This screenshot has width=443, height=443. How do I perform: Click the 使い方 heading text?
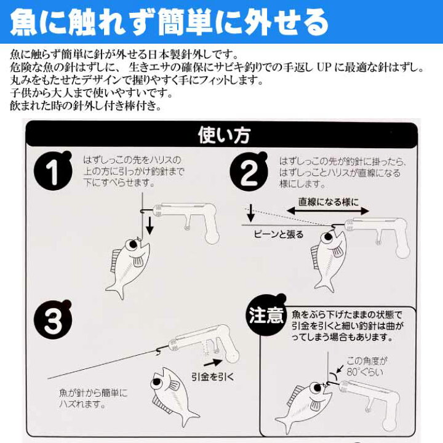221,135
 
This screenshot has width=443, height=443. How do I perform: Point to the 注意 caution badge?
266,317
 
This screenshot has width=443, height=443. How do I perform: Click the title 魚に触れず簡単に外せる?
169,24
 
